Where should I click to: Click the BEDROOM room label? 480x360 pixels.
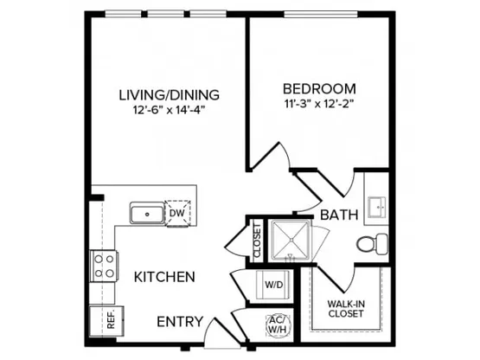tap(319, 89)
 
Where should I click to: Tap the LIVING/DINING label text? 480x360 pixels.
tap(169, 95)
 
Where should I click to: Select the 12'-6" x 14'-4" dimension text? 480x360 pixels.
tap(169, 110)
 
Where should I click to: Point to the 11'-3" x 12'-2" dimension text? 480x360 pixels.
tap(319, 104)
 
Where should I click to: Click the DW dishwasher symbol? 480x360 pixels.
tap(177, 213)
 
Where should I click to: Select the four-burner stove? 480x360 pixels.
tap(104, 266)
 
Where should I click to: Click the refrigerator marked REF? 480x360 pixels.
tap(107, 321)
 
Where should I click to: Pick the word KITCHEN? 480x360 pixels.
tap(164, 277)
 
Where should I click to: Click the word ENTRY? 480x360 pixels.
tap(180, 322)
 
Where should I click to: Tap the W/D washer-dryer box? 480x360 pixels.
tap(273, 285)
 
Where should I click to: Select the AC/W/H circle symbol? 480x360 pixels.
tap(278, 325)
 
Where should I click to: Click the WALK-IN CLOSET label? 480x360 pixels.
tap(346, 309)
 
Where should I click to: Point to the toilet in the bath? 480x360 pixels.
tap(372, 244)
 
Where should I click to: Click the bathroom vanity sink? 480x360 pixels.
tap(377, 208)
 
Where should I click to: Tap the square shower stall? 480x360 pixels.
tap(290, 241)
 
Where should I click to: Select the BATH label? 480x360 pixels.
tap(339, 215)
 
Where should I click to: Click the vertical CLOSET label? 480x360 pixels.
tap(257, 241)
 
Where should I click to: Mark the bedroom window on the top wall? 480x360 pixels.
tap(321, 14)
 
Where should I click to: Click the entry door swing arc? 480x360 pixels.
tap(207, 331)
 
